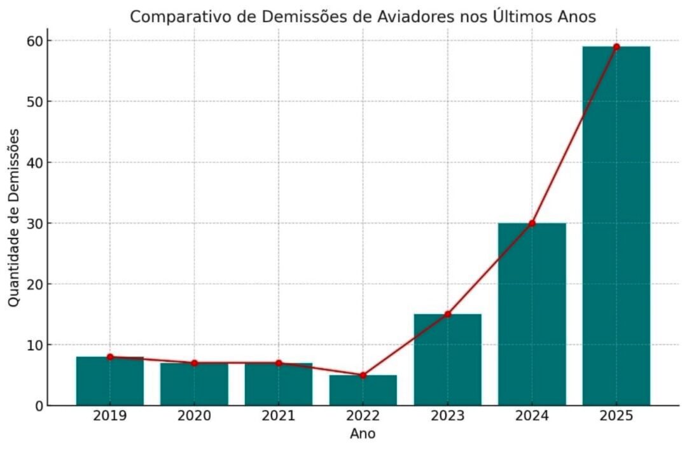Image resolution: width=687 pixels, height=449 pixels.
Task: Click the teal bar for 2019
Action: click(x=109, y=382)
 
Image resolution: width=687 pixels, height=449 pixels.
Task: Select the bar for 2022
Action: click(x=363, y=390)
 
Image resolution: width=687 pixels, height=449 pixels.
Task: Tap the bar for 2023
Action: click(x=447, y=360)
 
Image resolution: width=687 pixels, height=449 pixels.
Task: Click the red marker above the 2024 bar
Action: click(x=532, y=223)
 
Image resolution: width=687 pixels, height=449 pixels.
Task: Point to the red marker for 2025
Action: click(x=616, y=47)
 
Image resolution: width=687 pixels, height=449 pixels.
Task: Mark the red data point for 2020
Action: click(x=194, y=363)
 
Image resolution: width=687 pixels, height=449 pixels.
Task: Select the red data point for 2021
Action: click(x=279, y=363)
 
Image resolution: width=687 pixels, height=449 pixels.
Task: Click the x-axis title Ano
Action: click(x=363, y=434)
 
